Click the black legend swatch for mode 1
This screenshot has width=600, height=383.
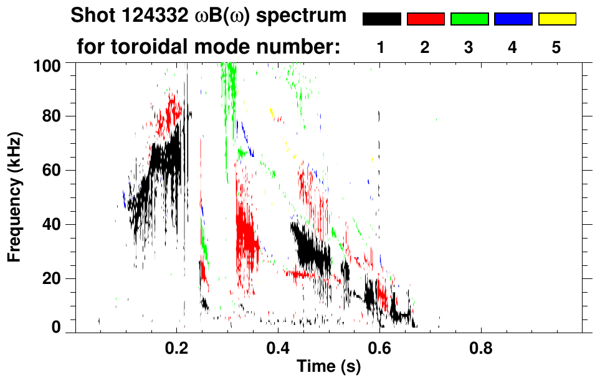(x=381, y=19)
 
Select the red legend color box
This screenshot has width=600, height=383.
(x=425, y=19)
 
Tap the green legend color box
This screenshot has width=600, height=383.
(x=469, y=19)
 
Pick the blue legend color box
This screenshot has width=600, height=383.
(x=513, y=19)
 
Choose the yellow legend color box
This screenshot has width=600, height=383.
(x=556, y=19)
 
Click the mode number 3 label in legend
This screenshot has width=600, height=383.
(x=469, y=47)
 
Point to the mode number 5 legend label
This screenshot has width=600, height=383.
(x=556, y=47)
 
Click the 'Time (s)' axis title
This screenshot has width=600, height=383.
(x=328, y=367)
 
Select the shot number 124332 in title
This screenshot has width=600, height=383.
(x=158, y=17)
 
